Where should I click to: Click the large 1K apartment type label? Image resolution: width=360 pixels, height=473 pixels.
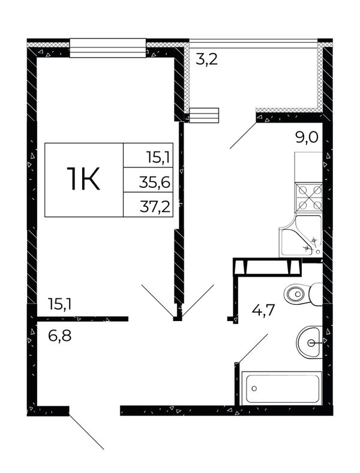pos(83,179)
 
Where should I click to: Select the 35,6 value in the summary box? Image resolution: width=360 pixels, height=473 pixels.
pos(155,182)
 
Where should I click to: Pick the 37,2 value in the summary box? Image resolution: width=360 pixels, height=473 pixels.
pos(155,207)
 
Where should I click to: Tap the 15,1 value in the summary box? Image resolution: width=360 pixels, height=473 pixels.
pos(158,157)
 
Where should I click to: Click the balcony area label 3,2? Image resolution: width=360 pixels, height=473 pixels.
pos(206,59)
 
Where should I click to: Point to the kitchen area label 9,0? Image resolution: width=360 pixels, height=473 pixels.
pos(306,139)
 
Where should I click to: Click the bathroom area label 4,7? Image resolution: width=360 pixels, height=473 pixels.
pos(263,310)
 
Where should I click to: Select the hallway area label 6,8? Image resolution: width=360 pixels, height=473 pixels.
pos(59,336)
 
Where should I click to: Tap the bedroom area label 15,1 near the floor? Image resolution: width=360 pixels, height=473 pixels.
pos(59,304)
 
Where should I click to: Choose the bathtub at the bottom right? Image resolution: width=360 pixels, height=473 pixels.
pos(283,388)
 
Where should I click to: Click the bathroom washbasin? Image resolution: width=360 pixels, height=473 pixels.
pos(310,342)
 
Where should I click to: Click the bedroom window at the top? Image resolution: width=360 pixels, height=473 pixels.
pos(107,47)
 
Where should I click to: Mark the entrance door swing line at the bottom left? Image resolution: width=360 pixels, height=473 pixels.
pos(86,432)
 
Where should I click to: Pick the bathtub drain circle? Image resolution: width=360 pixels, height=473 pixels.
pos(254,388)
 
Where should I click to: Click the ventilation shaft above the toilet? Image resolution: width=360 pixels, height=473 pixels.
pos(268,267)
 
